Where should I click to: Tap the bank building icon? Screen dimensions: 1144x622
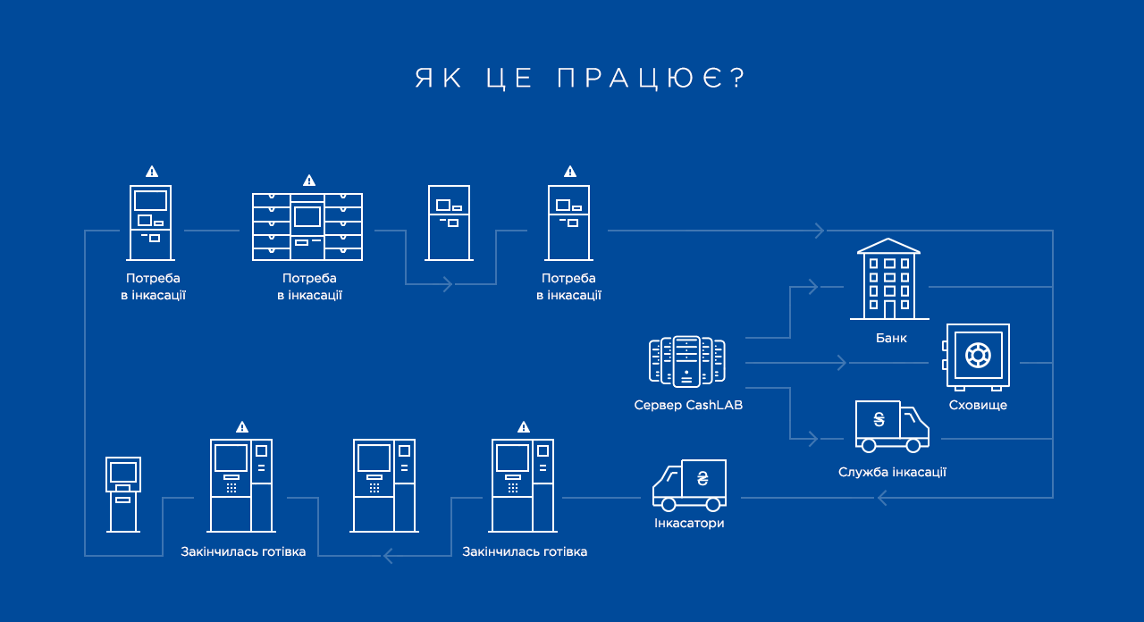click(x=889, y=280)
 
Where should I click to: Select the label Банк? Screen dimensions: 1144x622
click(x=891, y=338)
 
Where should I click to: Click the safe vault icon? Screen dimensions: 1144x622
click(x=976, y=357)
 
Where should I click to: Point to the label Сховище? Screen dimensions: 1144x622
click(x=978, y=405)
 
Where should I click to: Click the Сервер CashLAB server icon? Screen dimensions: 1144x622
click(x=687, y=362)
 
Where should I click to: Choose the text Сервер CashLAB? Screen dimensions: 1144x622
click(x=688, y=405)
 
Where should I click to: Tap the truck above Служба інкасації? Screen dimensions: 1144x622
click(x=892, y=426)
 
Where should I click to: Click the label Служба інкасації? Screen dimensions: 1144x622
click(x=892, y=472)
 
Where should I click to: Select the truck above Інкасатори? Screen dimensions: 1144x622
click(x=689, y=485)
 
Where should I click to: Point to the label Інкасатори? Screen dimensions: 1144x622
click(x=689, y=523)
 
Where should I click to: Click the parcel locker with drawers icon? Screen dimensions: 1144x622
click(x=307, y=227)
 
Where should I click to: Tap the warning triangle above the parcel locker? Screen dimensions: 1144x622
click(x=309, y=181)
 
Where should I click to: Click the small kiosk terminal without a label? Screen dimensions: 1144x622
click(x=123, y=495)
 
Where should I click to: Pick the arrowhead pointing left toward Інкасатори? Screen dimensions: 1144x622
click(x=882, y=498)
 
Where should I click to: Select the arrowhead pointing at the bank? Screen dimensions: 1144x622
click(x=813, y=287)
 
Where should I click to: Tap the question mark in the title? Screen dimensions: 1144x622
click(x=738, y=78)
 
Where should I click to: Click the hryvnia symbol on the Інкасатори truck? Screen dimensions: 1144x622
click(x=702, y=478)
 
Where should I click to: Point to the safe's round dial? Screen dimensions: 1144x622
click(x=978, y=355)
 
